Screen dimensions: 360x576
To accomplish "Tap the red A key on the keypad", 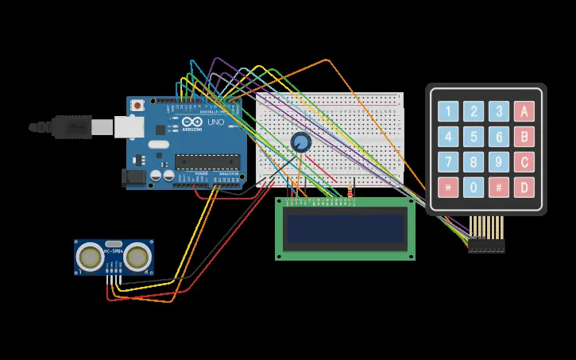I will pyautogui.click(x=524, y=111).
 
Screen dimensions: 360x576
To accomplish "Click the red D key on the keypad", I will pyautogui.click(x=524, y=188).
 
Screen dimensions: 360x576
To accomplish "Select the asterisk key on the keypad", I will pyautogui.click(x=449, y=188).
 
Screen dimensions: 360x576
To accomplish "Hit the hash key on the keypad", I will pyautogui.click(x=498, y=188).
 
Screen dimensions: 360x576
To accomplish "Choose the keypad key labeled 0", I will pyautogui.click(x=474, y=188).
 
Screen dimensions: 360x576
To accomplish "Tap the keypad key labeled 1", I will pyautogui.click(x=449, y=111).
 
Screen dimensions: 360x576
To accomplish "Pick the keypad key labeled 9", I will pyautogui.click(x=498, y=162).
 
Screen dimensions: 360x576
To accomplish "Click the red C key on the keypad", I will pyautogui.click(x=524, y=162).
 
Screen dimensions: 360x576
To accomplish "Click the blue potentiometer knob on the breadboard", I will pyautogui.click(x=301, y=142).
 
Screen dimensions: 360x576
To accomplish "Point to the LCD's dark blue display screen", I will pyautogui.click(x=345, y=229).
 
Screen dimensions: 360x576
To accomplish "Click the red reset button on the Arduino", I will pyautogui.click(x=138, y=105).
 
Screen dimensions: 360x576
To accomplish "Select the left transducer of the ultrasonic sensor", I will pyautogui.click(x=91, y=257).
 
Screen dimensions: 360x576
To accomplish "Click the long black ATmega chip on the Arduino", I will pyautogui.click(x=207, y=163).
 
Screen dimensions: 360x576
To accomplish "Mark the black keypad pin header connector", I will pyautogui.click(x=486, y=246).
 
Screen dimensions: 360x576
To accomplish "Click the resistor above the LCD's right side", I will pyautogui.click(x=350, y=191).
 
